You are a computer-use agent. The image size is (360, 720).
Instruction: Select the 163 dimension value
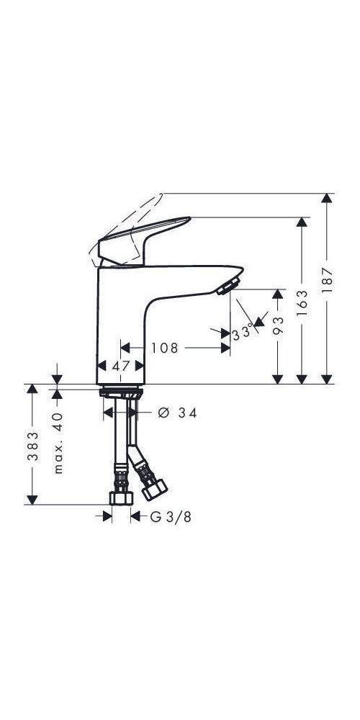(x=302, y=302)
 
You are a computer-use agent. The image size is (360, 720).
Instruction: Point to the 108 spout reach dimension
(x=165, y=348)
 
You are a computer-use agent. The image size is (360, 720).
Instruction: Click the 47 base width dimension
(x=121, y=366)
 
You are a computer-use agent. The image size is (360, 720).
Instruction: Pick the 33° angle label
(x=243, y=332)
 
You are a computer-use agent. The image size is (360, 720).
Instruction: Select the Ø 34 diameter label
(x=177, y=413)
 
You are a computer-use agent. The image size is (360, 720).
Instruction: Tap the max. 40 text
(x=58, y=443)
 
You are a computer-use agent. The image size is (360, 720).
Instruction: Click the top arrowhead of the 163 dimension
(x=302, y=222)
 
